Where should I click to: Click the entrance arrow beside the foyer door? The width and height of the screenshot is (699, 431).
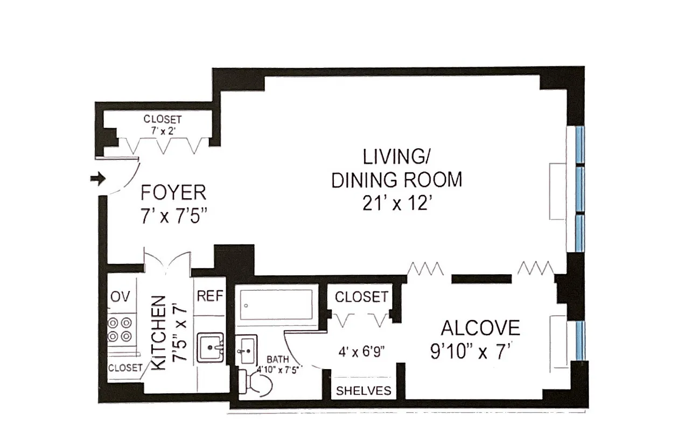(97, 179)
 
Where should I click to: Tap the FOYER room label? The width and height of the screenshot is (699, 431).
(173, 193)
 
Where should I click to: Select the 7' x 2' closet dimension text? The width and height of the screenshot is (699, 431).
(162, 129)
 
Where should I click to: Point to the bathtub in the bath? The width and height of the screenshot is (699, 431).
(276, 308)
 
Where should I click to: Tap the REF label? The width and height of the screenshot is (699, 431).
(209, 296)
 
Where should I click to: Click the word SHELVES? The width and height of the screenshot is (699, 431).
(364, 391)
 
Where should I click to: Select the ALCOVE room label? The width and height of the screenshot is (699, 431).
(480, 328)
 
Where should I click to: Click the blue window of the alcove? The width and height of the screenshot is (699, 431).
(579, 340)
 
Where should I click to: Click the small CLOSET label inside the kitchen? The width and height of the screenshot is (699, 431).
(125, 368)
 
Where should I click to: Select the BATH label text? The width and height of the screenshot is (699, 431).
(278, 359)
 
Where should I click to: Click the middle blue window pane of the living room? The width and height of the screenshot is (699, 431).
(579, 190)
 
